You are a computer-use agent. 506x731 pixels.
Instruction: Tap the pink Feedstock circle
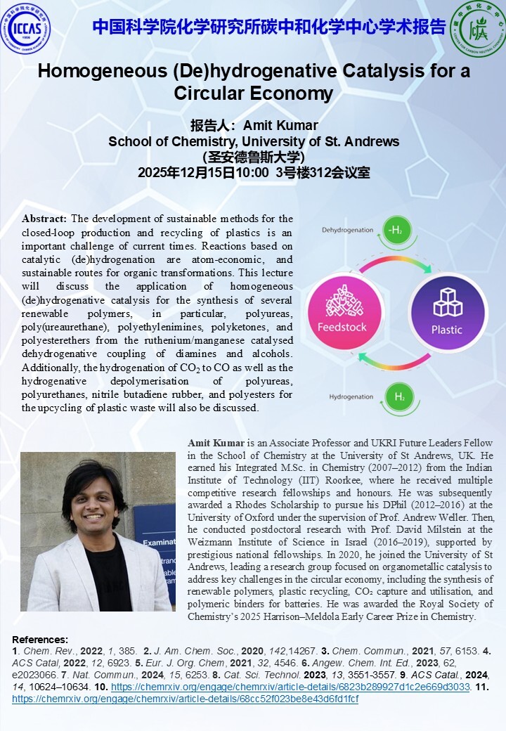(339, 307)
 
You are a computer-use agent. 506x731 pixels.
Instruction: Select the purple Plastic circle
(446, 307)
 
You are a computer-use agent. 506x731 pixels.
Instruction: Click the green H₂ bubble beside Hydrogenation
(399, 396)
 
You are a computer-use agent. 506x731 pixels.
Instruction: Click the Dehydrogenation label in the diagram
(347, 230)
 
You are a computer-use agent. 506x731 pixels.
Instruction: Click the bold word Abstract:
(45, 219)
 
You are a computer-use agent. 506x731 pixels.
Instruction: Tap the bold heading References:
(41, 640)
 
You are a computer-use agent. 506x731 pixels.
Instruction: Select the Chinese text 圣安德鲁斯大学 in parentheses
(253, 157)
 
